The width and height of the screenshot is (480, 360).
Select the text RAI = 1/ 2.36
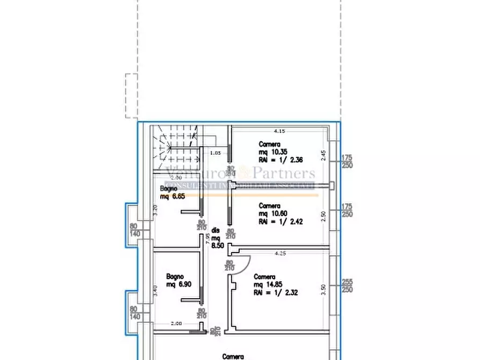(280, 160)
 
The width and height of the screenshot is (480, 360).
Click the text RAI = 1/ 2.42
(280, 221)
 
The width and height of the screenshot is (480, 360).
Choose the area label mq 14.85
(268, 285)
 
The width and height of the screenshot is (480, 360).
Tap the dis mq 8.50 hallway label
(216, 237)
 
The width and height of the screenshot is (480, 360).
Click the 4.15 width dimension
(279, 131)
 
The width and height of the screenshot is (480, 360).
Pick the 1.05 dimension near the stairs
(215, 153)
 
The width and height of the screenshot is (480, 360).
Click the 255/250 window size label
(347, 285)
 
